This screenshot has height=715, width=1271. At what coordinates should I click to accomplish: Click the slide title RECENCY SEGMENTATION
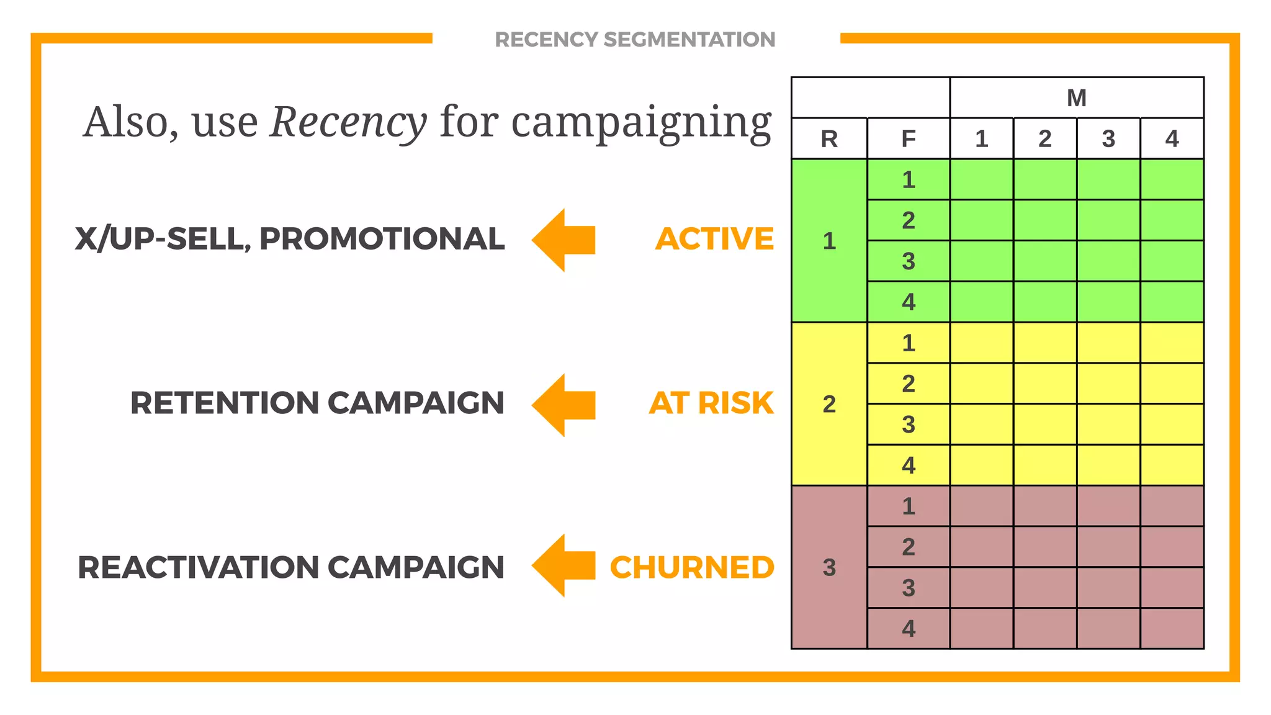click(635, 40)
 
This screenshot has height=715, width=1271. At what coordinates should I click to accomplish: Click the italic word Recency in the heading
click(348, 122)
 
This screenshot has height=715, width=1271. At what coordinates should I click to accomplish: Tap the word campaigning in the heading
click(641, 122)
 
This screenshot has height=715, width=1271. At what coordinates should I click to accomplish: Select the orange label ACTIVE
click(714, 239)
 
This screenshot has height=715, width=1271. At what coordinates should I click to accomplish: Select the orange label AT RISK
click(711, 403)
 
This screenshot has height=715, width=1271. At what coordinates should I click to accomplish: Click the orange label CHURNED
click(692, 567)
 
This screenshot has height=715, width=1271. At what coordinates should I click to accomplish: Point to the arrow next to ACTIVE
click(563, 240)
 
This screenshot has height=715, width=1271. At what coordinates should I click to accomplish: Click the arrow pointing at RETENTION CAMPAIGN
click(563, 405)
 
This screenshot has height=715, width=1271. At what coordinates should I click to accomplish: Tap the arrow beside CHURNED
click(563, 565)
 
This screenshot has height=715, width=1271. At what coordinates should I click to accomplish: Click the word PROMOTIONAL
click(382, 239)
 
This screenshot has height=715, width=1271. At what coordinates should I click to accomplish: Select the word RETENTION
click(225, 403)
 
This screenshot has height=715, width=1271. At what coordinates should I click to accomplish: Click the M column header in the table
click(1076, 98)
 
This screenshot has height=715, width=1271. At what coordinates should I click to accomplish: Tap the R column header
click(829, 139)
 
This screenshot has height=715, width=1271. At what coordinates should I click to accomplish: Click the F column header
click(908, 139)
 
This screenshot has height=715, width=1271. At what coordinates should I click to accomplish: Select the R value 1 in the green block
click(829, 241)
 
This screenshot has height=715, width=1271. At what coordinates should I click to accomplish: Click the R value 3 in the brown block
click(829, 567)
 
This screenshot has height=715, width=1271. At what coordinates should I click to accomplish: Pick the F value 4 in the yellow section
click(908, 465)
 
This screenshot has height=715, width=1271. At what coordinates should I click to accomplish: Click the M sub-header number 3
click(1108, 139)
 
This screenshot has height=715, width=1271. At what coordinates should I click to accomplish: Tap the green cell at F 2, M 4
click(1172, 220)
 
